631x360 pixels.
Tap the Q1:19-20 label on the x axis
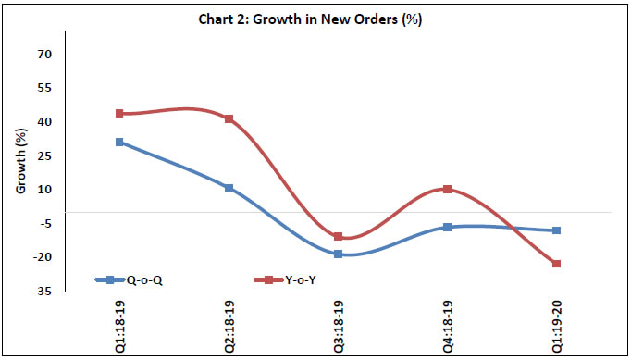(556, 324)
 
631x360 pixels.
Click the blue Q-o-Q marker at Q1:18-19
(119, 142)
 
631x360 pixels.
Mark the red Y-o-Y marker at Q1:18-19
(119, 114)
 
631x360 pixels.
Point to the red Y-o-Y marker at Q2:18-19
(229, 119)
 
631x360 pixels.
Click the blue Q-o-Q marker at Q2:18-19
(229, 188)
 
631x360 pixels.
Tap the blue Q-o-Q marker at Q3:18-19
(338, 254)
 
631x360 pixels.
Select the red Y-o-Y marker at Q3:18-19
(338, 237)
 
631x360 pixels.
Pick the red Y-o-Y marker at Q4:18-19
(447, 189)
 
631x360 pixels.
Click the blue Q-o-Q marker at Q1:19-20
(556, 230)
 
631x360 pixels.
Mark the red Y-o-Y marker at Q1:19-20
(556, 264)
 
